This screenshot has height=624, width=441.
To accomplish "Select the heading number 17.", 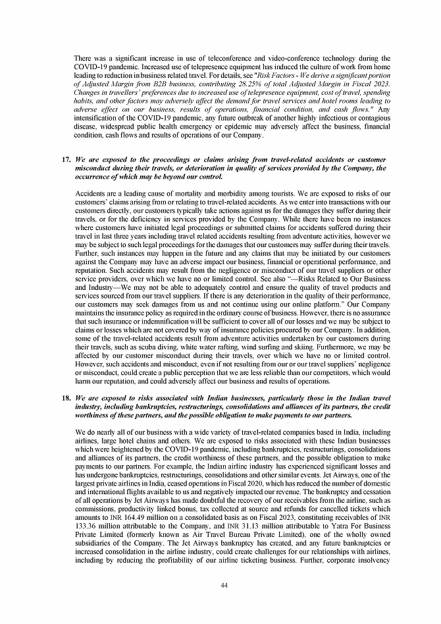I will tap(65, 159).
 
